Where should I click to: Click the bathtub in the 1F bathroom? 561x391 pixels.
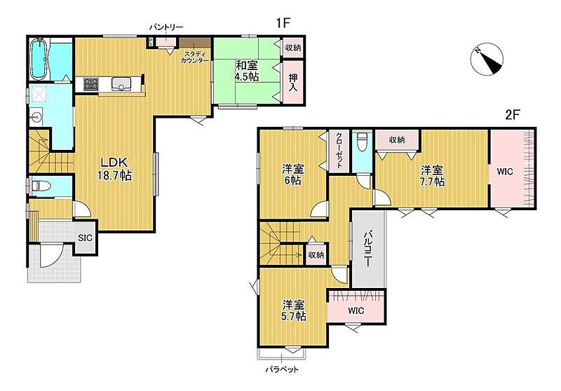point(39,59)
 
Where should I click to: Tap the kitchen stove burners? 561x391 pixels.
point(91,84)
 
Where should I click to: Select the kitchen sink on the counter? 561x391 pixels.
point(121,84)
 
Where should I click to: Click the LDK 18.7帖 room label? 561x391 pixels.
point(114,169)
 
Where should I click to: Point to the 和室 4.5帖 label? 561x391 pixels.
point(247,71)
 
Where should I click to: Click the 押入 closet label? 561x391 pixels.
point(293,82)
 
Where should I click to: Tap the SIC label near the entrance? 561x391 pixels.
point(86,238)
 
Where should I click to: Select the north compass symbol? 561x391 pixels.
point(487,60)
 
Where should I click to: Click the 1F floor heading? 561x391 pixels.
point(283,23)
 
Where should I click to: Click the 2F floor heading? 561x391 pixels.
point(512,115)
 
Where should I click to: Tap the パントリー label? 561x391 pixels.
point(166,27)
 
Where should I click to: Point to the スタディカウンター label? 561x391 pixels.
point(195,57)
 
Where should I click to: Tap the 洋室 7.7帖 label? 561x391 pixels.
point(432,175)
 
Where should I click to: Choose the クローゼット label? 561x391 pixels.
point(339,151)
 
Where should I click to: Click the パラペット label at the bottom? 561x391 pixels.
point(282,369)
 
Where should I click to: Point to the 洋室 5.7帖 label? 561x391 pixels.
point(293,310)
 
